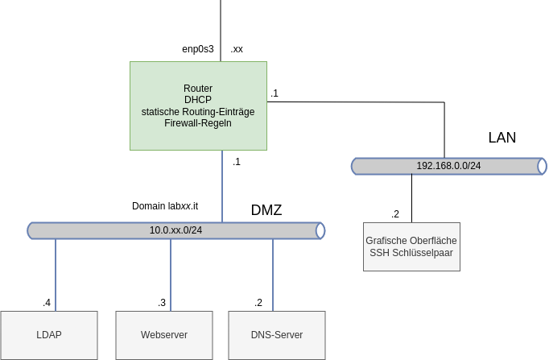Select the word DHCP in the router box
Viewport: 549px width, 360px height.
[198, 100]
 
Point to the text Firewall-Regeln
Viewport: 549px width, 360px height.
[198, 123]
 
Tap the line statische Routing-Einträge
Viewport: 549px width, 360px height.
[198, 112]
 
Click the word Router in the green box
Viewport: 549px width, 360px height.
[198, 89]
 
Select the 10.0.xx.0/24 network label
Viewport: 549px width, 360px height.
[175, 230]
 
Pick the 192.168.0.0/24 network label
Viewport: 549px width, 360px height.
[448, 166]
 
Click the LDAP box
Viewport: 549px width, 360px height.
[49, 335]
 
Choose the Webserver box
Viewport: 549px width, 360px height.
[164, 335]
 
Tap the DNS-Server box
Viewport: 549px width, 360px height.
[277, 335]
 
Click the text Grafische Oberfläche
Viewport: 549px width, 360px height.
[411, 241]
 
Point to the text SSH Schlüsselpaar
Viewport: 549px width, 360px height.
[411, 253]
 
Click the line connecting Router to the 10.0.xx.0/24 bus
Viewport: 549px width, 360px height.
[222, 186]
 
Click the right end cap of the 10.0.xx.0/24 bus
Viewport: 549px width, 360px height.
[320, 231]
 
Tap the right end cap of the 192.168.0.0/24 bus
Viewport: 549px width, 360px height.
[543, 167]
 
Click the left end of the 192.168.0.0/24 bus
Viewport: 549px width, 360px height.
[355, 167]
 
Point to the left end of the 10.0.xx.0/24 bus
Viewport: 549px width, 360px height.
[31, 231]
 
